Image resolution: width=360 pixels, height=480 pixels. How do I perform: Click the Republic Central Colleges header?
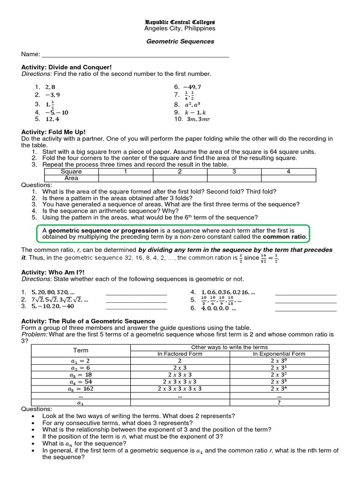point(180,22)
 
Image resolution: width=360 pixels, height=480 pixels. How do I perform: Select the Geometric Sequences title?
point(180,41)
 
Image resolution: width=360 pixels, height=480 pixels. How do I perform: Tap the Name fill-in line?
point(135,55)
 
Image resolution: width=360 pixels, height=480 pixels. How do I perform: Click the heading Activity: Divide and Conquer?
point(67,67)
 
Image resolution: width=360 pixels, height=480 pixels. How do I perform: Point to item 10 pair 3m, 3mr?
point(198,119)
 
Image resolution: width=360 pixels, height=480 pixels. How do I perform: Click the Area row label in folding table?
point(71,178)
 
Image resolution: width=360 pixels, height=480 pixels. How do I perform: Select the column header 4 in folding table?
point(289,172)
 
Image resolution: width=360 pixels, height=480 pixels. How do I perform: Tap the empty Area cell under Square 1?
point(126,178)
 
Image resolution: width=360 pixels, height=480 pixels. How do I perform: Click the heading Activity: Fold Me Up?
point(53,132)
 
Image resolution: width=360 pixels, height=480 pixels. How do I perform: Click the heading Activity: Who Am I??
point(53,272)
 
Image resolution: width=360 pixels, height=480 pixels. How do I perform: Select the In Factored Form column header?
point(180,354)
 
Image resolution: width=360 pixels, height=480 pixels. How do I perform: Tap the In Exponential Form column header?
point(279,354)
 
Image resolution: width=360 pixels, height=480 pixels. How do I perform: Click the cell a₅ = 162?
point(81,389)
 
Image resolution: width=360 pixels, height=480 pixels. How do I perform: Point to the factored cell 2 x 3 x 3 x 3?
point(180,382)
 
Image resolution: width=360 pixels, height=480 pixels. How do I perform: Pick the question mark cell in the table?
point(279,403)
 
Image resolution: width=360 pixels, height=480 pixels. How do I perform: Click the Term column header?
point(81,350)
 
